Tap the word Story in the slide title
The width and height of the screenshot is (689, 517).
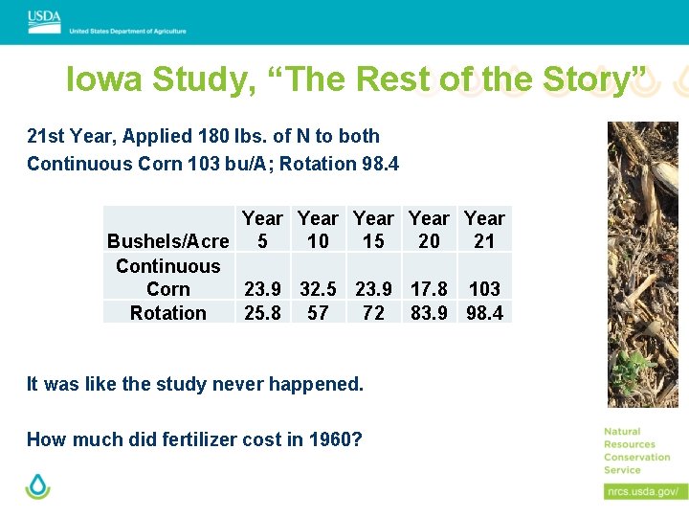tap(587, 79)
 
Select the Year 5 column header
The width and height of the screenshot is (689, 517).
tap(262, 230)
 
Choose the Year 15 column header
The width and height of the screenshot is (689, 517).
tap(373, 230)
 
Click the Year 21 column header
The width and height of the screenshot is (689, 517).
tap(484, 230)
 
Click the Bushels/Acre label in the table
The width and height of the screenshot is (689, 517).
tap(168, 241)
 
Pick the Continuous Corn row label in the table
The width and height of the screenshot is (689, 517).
tap(168, 278)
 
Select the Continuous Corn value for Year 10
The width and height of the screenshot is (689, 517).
tap(318, 288)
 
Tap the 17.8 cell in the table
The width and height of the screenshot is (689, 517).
tap(429, 288)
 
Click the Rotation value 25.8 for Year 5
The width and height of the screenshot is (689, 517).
tap(262, 312)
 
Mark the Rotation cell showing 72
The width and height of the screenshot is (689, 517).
tap(373, 312)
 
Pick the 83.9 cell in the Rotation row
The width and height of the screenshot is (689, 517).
tap(429, 312)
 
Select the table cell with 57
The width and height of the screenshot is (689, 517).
tap(318, 312)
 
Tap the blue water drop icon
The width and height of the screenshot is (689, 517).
tap(37, 485)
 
